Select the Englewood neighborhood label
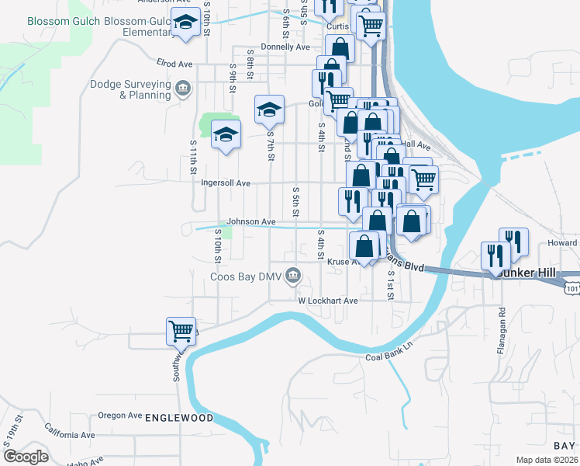179,418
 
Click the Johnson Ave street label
250,222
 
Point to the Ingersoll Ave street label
226,183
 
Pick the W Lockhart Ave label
328,300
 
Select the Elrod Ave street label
174,62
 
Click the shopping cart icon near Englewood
181,331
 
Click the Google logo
26,457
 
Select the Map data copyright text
546,460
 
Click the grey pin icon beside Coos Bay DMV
293,274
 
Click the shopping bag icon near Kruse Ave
364,247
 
